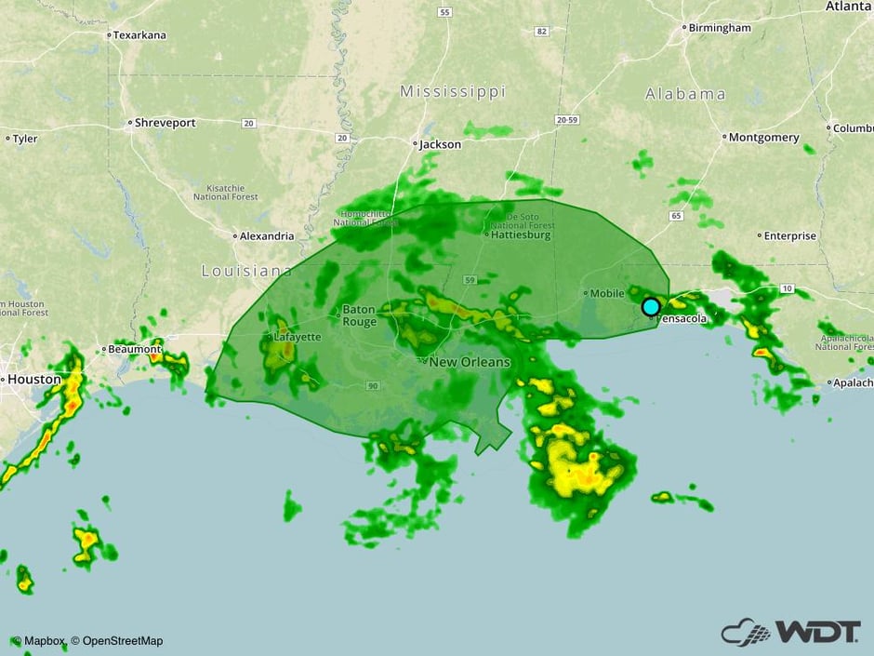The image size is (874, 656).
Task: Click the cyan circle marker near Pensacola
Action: pos(651,306)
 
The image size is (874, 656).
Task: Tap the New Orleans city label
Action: pos(471,362)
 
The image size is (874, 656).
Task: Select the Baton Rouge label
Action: pos(359,315)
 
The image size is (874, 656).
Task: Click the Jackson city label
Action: pos(440,144)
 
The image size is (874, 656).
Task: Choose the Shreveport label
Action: pos(166,123)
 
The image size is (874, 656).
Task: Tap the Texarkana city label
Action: pos(139,35)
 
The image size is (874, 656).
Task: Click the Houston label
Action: pos(33,380)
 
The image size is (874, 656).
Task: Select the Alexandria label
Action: pos(267,236)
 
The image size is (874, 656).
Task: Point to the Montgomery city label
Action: pos(763,137)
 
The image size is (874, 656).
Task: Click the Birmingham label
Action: pos(720,28)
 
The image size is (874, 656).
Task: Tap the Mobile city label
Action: pos(608,293)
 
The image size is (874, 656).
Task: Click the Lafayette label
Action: pos(298,337)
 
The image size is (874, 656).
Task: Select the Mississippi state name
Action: pos(453,92)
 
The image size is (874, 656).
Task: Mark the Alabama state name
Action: pos(685,94)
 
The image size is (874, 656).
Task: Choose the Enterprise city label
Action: pos(790,236)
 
